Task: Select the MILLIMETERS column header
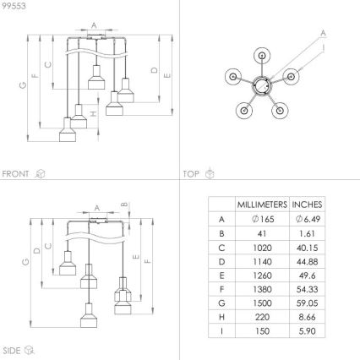[261, 205]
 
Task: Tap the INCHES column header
[307, 205]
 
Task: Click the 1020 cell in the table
[261, 248]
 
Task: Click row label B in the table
[221, 233]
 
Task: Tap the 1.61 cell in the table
[307, 233]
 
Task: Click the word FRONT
[16, 173]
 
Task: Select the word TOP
[191, 173]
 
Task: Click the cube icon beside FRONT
[39, 173]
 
